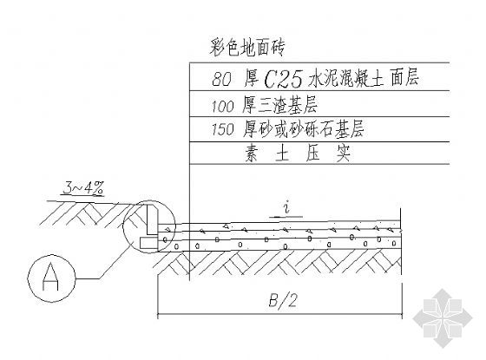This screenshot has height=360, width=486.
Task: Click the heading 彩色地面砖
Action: pyautogui.click(x=246, y=49)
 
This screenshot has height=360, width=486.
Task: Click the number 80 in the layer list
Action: pyautogui.click(x=221, y=79)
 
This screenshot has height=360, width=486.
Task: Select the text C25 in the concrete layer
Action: pyautogui.click(x=283, y=79)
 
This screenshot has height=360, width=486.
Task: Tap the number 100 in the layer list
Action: pyautogui.click(x=222, y=106)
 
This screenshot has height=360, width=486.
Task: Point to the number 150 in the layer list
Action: pyautogui.click(x=222, y=129)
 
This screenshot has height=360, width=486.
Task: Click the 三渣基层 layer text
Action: pyautogui.click(x=287, y=105)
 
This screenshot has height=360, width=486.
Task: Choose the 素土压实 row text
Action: pyautogui.click(x=298, y=153)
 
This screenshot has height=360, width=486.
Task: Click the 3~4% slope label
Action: pyautogui.click(x=83, y=188)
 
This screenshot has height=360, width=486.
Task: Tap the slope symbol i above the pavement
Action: pyautogui.click(x=287, y=207)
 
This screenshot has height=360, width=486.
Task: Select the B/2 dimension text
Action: pyautogui.click(x=282, y=300)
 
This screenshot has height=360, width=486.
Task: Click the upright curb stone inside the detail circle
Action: pyautogui.click(x=152, y=219)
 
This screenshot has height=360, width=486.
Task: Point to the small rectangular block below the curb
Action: pyautogui.click(x=148, y=243)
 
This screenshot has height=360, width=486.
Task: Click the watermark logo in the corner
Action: pyautogui.click(x=443, y=318)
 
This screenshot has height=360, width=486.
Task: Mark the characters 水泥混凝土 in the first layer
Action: pyautogui.click(x=346, y=78)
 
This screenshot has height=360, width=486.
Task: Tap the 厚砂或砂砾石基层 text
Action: pyautogui.click(x=303, y=128)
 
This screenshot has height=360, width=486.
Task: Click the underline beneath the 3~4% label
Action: pyautogui.click(x=82, y=196)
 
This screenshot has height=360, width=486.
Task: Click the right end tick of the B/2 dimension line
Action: pyautogui.click(x=402, y=316)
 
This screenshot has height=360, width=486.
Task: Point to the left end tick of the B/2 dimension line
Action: pyautogui.click(x=158, y=316)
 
